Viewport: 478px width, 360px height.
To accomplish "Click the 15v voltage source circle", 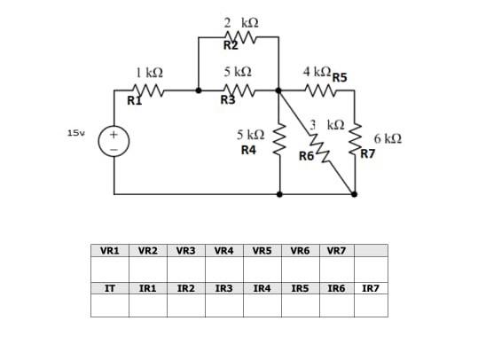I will point(114,142).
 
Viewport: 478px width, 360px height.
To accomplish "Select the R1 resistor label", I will point(134,101).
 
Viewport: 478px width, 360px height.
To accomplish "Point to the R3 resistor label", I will point(228,100).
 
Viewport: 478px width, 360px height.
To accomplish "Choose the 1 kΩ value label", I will point(148,70).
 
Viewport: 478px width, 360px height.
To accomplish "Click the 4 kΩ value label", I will point(317,71).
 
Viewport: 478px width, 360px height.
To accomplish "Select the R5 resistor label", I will point(341,77).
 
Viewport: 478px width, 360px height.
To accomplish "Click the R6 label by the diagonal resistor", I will point(307,155).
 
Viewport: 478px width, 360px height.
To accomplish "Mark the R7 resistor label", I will point(368,153).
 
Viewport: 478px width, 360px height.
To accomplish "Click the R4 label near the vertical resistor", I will point(249,151).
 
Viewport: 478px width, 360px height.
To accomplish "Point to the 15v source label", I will point(76,133).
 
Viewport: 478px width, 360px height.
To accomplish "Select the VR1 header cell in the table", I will point(109,251).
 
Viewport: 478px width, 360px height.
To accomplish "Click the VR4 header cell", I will point(225,251).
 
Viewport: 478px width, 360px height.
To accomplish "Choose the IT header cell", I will point(109,288).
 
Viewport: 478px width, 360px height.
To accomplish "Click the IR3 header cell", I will point(225,288).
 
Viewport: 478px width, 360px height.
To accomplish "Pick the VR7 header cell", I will point(337,251).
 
